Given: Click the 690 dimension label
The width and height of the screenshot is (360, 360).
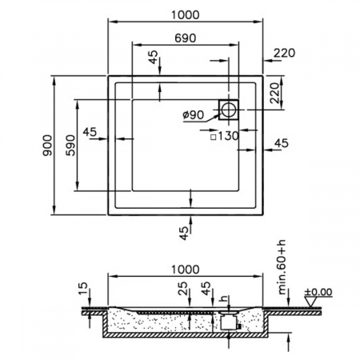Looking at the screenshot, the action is [x=185, y=38].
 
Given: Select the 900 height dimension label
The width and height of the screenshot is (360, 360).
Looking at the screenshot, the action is [x=48, y=146].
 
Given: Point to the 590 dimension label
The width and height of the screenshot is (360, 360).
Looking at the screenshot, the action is [x=71, y=146].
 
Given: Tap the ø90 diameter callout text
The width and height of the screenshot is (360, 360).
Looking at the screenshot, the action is [x=194, y=115].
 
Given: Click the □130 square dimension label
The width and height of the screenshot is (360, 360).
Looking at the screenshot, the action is [x=225, y=136].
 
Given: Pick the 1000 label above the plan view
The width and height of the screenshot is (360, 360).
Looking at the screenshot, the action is [x=185, y=15].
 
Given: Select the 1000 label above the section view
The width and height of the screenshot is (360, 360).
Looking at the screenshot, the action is [x=185, y=270].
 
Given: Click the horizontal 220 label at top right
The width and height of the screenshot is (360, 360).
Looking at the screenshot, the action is [x=284, y=53].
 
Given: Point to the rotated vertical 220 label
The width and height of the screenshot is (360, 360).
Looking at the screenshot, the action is [x=274, y=93].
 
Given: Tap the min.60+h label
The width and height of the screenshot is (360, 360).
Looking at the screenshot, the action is [x=282, y=267].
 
